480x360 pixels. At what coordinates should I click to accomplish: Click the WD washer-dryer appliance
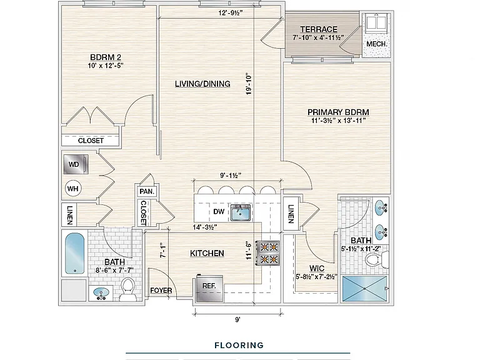pyautogui.click(x=76, y=164)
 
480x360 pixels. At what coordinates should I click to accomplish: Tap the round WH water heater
pyautogui.click(x=73, y=189)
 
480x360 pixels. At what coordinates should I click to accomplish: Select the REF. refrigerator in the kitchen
pyautogui.click(x=209, y=287)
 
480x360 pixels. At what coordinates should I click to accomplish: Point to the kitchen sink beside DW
pyautogui.click(x=241, y=212)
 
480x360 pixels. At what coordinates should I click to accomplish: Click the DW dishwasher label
pyautogui.click(x=219, y=211)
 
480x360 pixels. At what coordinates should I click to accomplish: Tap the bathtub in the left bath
pyautogui.click(x=75, y=254)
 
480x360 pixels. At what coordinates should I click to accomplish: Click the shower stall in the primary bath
pyautogui.click(x=364, y=289)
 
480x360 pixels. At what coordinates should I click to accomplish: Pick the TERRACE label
pyautogui.click(x=319, y=29)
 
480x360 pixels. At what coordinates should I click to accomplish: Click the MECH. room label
pyautogui.click(x=377, y=44)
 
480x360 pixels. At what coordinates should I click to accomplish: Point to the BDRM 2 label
pyautogui.click(x=106, y=57)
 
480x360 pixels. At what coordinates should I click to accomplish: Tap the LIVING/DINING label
pyautogui.click(x=202, y=84)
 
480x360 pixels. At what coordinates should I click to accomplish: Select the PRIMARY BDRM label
pyautogui.click(x=338, y=112)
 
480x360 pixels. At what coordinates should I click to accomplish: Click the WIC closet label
pyautogui.click(x=317, y=269)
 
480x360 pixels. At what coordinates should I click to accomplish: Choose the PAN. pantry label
pyautogui.click(x=147, y=192)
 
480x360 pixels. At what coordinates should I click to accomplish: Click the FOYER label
pyautogui.click(x=161, y=291)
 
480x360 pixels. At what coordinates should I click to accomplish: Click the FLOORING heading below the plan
pyautogui.click(x=239, y=345)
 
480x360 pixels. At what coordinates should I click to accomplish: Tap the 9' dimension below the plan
pyautogui.click(x=237, y=319)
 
